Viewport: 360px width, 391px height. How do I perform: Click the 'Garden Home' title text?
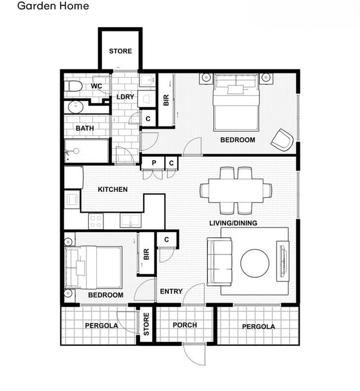pos(53,6)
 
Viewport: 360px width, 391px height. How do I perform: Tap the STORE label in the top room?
pos(120,51)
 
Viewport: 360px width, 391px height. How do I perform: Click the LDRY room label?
pos(126,97)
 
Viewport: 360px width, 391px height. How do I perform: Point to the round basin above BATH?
pos(76,107)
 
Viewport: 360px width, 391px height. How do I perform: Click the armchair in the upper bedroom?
pos(282,140)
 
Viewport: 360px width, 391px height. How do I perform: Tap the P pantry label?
pos(154,163)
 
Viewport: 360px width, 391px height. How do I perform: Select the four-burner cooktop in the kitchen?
pos(96,221)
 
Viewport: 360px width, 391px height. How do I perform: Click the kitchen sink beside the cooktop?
pos(130,221)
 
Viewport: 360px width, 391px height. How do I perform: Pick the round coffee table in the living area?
pos(255,263)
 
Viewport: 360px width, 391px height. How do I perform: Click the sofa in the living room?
pos(219,262)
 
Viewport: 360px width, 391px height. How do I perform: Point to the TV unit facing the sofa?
pos(282,261)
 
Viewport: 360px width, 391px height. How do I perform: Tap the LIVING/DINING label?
pos(233,223)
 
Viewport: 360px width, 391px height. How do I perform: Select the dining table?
pos(236,191)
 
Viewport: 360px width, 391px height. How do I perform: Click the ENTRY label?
pos(171,291)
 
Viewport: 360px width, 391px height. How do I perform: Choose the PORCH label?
pos(185,325)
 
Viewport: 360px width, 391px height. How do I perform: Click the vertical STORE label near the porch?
pos(146,324)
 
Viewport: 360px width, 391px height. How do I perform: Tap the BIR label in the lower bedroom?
pos(146,254)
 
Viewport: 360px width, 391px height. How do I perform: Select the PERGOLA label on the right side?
pos(258,327)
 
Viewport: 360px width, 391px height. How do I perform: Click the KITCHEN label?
pos(112,189)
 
